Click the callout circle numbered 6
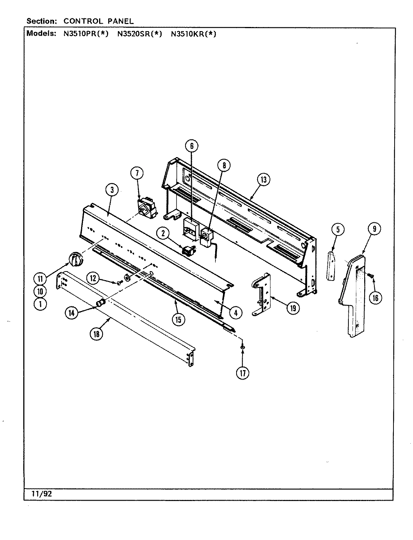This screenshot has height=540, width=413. [x=191, y=146]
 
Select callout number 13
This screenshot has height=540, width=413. [x=264, y=180]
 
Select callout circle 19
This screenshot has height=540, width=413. [x=292, y=308]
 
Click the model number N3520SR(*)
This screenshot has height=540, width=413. [x=139, y=34]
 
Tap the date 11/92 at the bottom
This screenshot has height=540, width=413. [x=42, y=494]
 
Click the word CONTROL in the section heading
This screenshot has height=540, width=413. [x=81, y=21]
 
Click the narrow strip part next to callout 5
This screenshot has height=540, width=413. [x=331, y=266]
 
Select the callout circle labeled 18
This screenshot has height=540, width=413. [x=96, y=334]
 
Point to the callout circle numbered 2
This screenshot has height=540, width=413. [x=163, y=234]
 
